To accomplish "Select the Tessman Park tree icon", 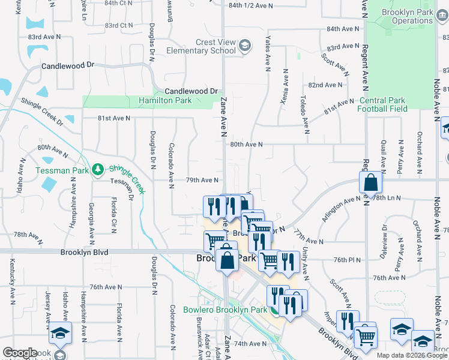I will point(97,170).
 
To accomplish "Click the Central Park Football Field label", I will point(382,104).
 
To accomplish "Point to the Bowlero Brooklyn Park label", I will point(224,310).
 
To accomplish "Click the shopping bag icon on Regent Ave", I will point(371,182).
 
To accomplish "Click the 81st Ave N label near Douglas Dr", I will point(114,118).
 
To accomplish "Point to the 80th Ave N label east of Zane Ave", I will point(246,145).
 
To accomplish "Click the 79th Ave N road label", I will point(201,180).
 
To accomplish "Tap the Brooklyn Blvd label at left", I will point(84,253).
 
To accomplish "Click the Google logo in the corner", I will point(20,353).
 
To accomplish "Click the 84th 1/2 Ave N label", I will point(250,5).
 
